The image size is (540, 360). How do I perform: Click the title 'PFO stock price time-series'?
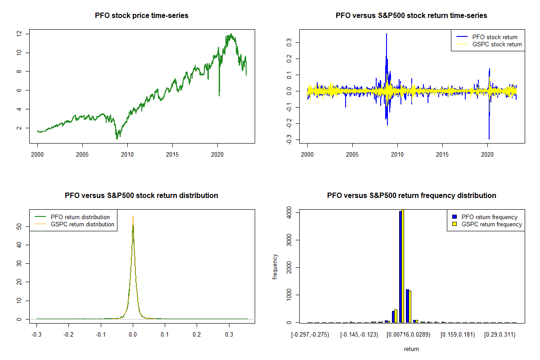(141, 16)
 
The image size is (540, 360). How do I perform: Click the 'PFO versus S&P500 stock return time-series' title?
(411, 16)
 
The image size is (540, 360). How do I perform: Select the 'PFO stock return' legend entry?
(495, 37)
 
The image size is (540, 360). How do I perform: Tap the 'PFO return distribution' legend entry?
(80, 217)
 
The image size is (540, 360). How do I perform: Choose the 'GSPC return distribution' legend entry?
(82, 224)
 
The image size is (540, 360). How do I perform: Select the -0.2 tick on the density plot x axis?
(68, 334)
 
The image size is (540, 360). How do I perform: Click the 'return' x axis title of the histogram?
(411, 349)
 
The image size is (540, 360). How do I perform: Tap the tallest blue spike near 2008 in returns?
(386, 34)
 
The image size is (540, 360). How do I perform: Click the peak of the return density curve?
(133, 217)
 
